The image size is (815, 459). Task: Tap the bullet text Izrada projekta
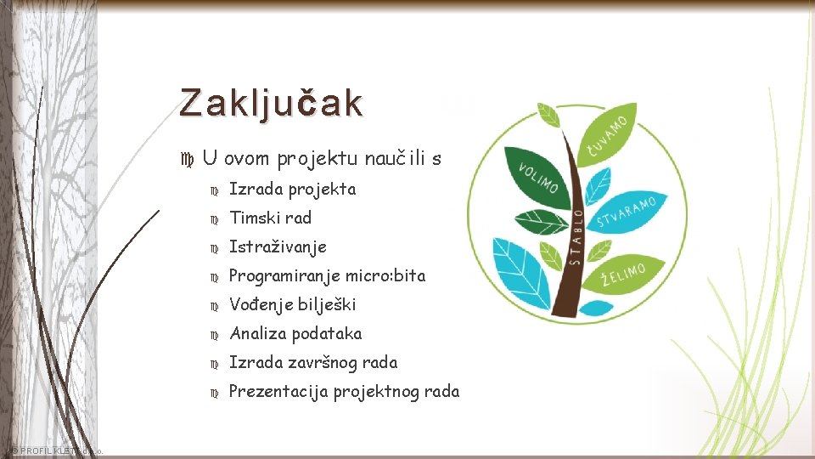click(x=293, y=190)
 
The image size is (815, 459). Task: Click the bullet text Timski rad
click(x=271, y=218)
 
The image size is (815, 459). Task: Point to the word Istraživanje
click(x=278, y=247)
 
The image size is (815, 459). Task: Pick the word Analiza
click(x=258, y=334)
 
